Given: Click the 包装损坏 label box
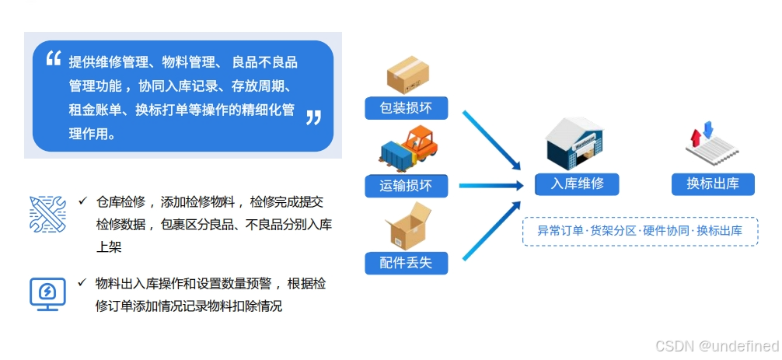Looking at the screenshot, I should (x=407, y=108).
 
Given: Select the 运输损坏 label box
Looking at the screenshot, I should (x=407, y=185).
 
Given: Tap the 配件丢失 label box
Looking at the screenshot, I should (x=407, y=263).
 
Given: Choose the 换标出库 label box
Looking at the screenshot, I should (x=712, y=184).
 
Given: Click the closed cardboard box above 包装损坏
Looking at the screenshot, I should (x=408, y=75).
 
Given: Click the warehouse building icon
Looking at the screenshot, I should (x=579, y=144).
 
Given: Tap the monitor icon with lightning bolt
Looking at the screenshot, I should (x=47, y=293).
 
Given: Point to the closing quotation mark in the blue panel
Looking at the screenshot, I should (x=313, y=118).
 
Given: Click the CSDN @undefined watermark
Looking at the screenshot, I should (x=717, y=346).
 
